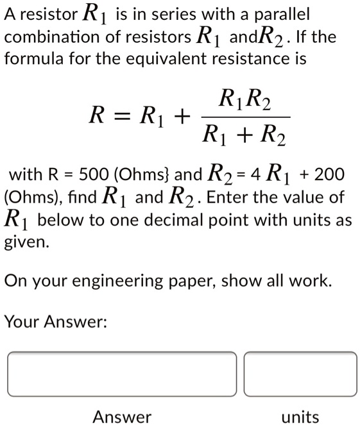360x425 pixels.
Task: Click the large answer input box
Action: [x=122, y=374]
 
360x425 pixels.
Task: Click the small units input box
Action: [x=300, y=374]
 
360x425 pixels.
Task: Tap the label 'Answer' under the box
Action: [x=122, y=417]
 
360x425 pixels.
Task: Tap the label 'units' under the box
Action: [x=300, y=417]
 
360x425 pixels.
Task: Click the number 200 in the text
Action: [x=331, y=174]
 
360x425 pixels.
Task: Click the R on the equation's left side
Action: [x=96, y=116]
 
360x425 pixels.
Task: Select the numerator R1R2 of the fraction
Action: [x=244, y=100]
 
